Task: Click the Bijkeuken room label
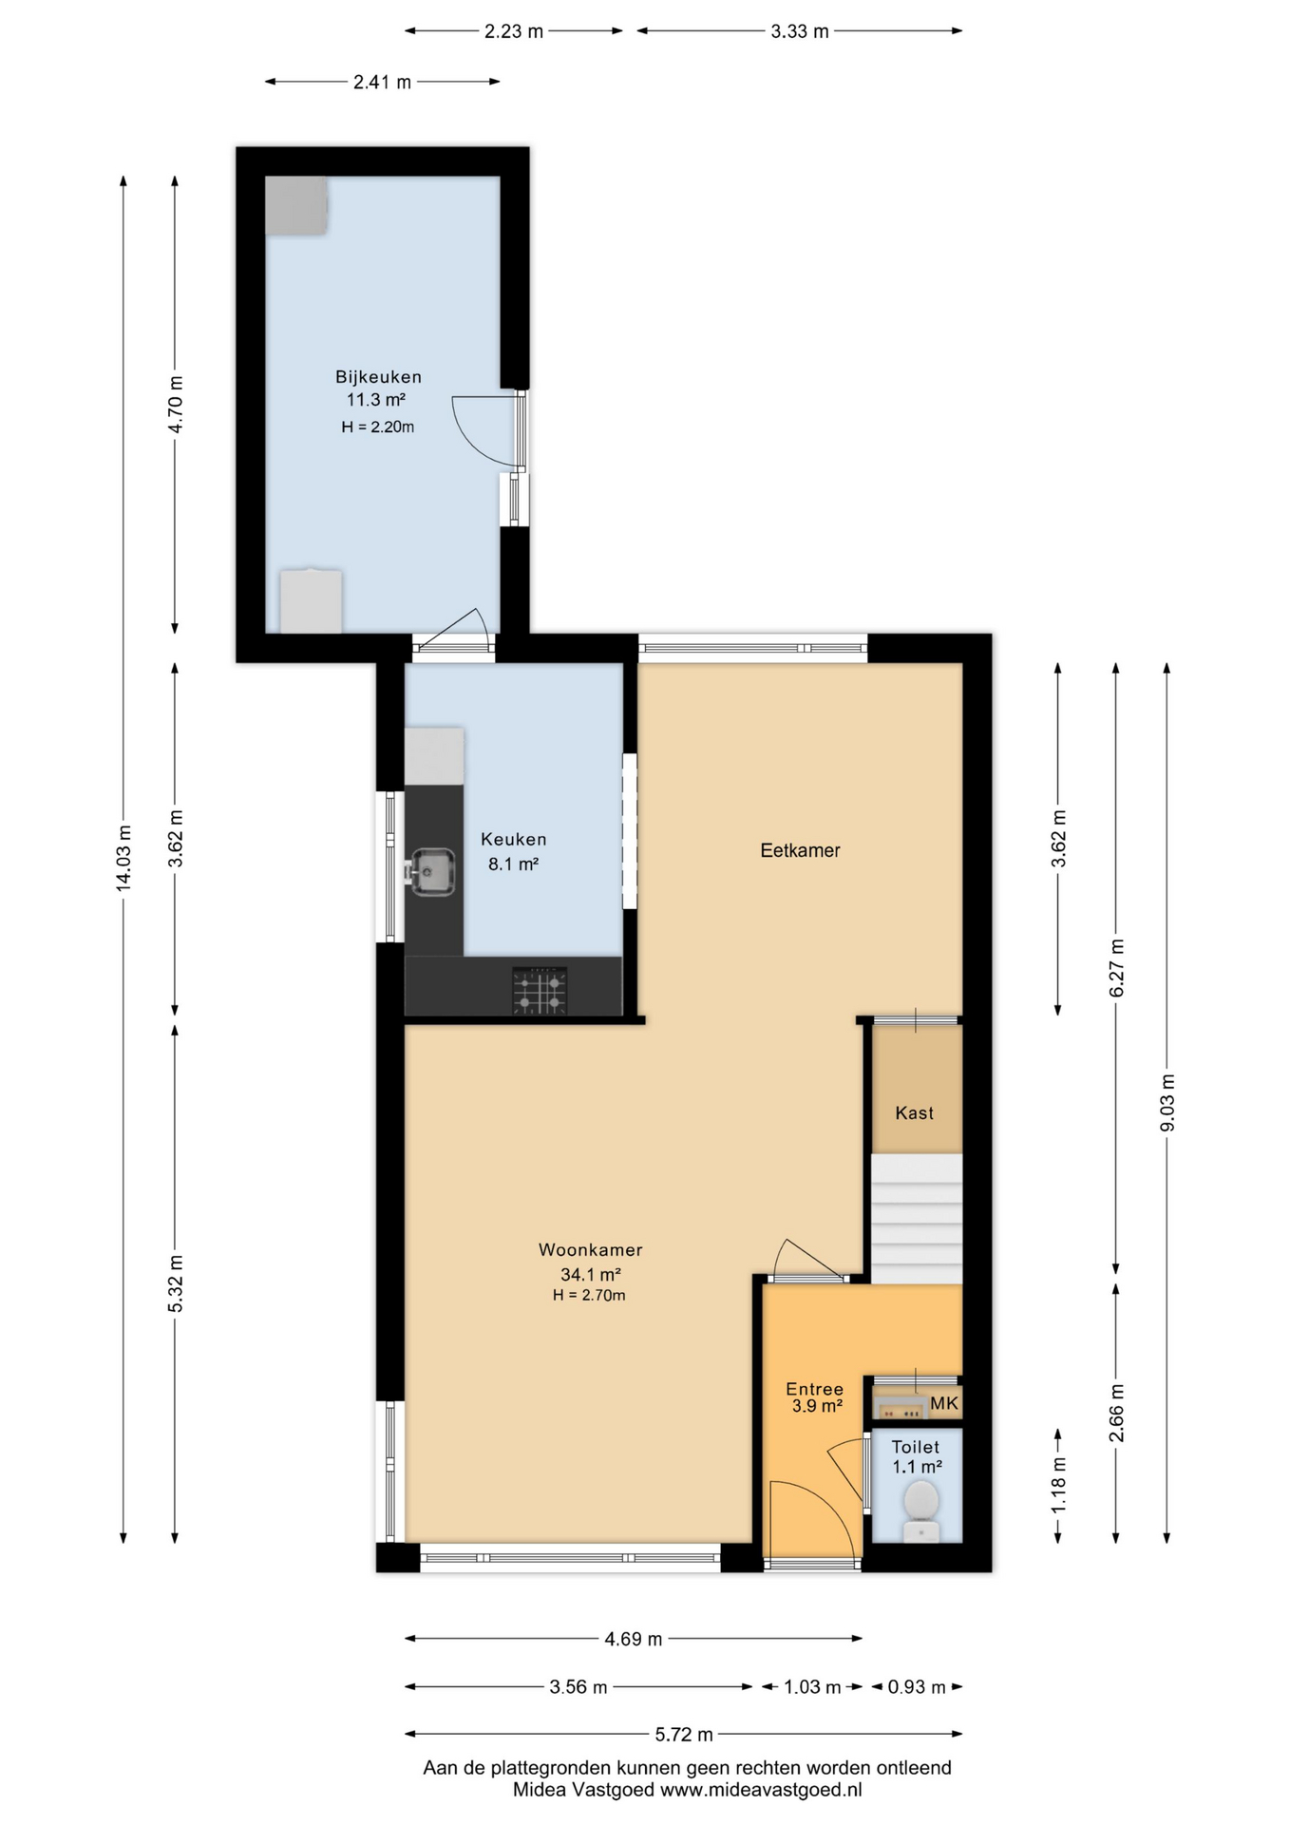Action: coord(378,376)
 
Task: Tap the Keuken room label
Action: coord(513,839)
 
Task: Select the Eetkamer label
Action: coord(800,850)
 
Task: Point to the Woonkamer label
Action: coord(590,1250)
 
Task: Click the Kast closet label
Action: coord(914,1112)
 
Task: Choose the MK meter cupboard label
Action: coord(944,1403)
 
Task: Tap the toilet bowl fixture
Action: coord(920,1510)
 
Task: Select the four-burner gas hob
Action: coord(540,991)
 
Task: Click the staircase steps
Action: coord(917,1219)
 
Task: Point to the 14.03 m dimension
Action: coord(123,859)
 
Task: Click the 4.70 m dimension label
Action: coord(175,405)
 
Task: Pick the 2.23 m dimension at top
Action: coord(514,31)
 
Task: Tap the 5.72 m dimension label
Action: coord(684,1735)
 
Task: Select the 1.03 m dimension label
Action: coord(812,1687)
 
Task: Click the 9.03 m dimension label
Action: coord(1167,1103)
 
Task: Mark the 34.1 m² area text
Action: coord(590,1275)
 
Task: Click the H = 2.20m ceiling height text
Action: coord(378,427)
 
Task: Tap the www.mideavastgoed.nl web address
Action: coord(761,1790)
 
